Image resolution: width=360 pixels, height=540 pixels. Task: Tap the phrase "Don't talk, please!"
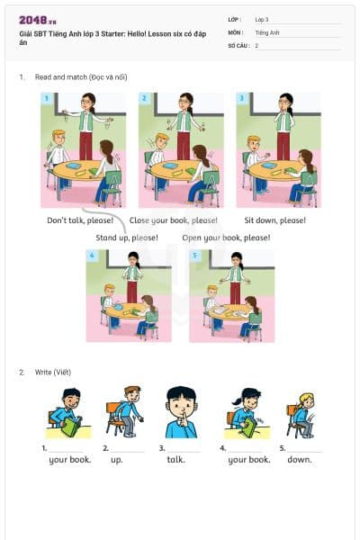click(x=80, y=220)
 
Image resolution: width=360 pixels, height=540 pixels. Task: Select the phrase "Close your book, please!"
click(x=174, y=220)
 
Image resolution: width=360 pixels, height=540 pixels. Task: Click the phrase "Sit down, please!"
click(x=274, y=220)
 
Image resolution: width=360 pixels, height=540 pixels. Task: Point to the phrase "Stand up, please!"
click(x=127, y=238)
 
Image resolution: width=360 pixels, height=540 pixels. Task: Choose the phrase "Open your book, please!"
click(x=226, y=238)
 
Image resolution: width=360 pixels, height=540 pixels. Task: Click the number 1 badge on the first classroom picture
click(x=46, y=97)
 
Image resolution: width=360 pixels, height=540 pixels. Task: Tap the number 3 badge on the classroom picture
click(x=240, y=97)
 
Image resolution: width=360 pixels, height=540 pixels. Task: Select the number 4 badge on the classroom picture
click(x=92, y=256)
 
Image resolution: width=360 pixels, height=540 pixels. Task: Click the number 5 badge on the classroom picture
click(x=194, y=256)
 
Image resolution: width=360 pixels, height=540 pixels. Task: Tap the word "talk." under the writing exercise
click(x=175, y=459)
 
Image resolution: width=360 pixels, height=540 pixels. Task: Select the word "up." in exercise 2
click(x=116, y=459)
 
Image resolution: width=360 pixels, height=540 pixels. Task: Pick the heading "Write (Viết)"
click(x=50, y=372)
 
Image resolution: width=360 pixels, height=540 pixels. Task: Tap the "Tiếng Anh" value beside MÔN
click(x=267, y=31)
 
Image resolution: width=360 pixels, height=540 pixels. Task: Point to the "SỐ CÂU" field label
click(x=238, y=45)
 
